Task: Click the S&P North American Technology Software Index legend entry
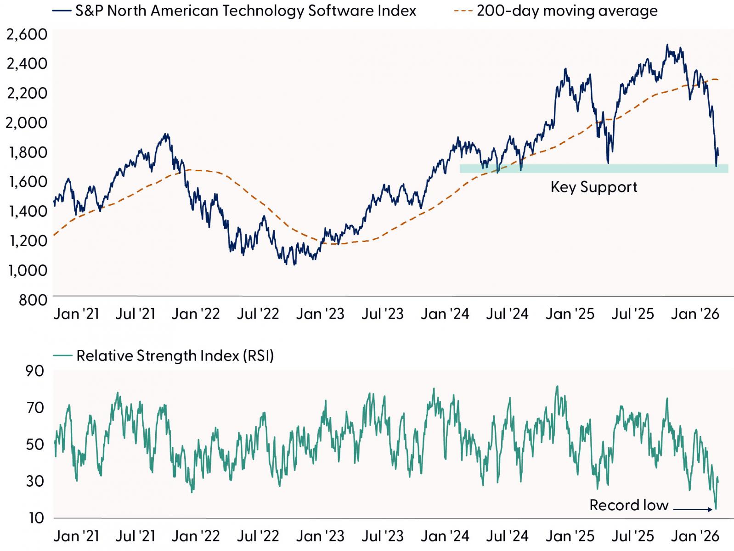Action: (234, 11)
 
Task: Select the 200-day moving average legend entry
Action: (555, 11)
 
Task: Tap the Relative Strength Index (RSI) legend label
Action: (164, 355)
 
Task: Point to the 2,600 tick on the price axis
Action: (27, 34)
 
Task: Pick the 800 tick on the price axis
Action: (33, 300)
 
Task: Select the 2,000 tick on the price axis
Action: (27, 123)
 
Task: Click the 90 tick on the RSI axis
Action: (35, 371)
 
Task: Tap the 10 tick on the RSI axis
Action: (36, 518)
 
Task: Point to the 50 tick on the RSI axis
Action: (35, 444)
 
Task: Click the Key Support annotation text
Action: (594, 187)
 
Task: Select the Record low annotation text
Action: (629, 505)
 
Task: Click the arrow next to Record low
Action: (693, 510)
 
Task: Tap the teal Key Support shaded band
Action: (594, 169)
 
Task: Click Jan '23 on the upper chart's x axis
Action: (320, 314)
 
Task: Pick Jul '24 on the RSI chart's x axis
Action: (507, 536)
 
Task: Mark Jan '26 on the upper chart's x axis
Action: (695, 314)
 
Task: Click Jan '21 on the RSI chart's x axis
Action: (76, 536)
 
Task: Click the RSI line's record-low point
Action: (716, 509)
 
